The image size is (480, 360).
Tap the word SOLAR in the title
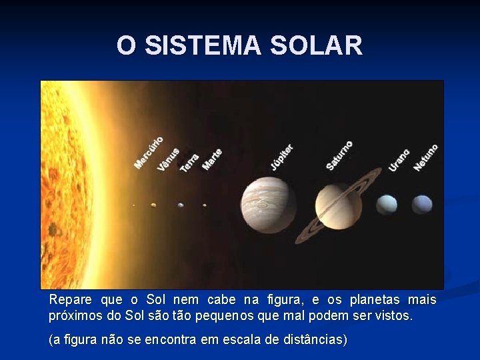pyautogui.click(x=317, y=46)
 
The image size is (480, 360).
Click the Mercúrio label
pyautogui.click(x=149, y=153)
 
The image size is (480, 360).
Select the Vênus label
pyautogui.click(x=168, y=159)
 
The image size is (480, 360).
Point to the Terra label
pyautogui.click(x=189, y=162)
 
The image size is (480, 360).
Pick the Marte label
pyautogui.click(x=212, y=159)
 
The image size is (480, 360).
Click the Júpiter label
pyautogui.click(x=281, y=156)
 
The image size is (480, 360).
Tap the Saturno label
pyautogui.click(x=339, y=155)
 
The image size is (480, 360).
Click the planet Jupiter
pyautogui.click(x=269, y=205)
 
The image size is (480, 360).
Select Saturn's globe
pyautogui.click(x=338, y=205)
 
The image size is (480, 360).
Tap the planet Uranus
pyautogui.click(x=386, y=205)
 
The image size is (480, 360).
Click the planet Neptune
pyautogui.click(x=421, y=204)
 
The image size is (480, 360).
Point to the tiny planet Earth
pyautogui.click(x=181, y=205)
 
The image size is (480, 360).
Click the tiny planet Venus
pyautogui.click(x=153, y=205)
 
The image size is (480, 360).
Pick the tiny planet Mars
pyautogui.click(x=204, y=205)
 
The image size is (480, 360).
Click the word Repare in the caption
pyautogui.click(x=70, y=300)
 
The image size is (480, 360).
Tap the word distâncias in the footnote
pyautogui.click(x=311, y=339)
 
